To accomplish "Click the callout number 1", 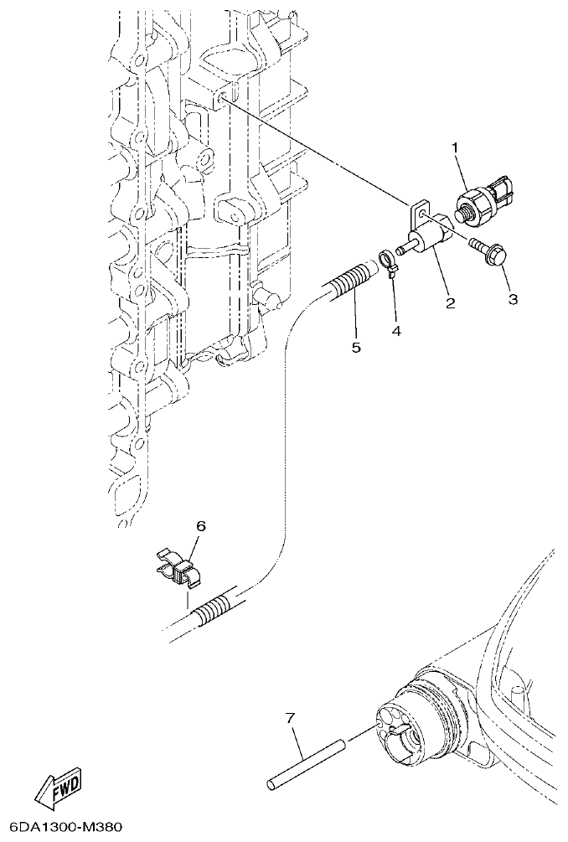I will tap(456, 148).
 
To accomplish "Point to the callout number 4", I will tap(395, 331).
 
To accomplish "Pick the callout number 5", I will tap(356, 346).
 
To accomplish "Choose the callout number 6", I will tap(200, 525).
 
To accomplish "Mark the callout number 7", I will tap(290, 718).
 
